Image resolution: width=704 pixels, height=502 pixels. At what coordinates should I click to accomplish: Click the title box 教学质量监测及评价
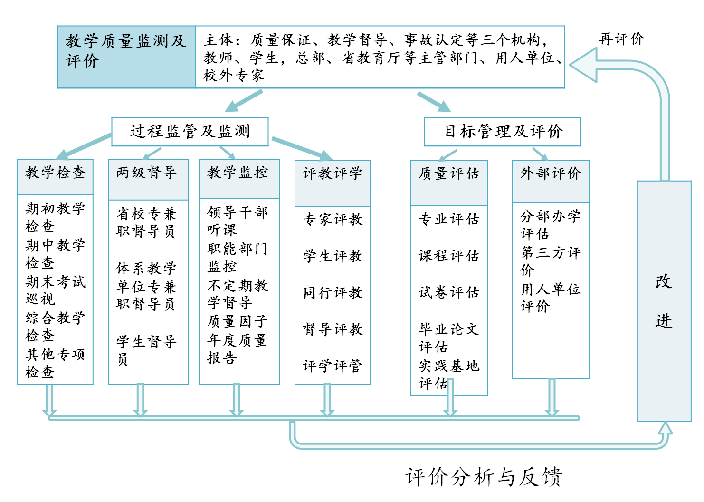(127, 57)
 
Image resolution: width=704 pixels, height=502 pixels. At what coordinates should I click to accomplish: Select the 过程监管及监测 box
(190, 132)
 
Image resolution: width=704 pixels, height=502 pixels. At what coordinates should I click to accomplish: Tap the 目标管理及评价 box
(502, 132)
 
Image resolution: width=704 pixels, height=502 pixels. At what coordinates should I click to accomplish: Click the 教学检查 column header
(55, 177)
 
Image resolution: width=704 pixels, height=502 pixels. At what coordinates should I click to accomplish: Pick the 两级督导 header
(148, 180)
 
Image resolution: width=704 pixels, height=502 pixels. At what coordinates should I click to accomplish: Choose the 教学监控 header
(239, 179)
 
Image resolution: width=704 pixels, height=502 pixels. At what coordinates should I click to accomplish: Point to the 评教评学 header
(333, 183)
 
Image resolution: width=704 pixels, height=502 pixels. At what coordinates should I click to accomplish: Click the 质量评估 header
(449, 183)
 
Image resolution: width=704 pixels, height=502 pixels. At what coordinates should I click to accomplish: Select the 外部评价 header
(551, 182)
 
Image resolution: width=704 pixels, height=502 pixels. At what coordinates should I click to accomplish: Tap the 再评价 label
(621, 39)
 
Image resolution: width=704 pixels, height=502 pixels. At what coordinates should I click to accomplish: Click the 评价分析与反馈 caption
(484, 477)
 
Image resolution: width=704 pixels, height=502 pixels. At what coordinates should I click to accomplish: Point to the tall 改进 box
(664, 301)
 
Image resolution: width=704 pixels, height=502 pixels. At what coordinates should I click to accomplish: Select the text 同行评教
(333, 292)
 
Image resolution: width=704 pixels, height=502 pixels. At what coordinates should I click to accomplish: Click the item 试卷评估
(449, 292)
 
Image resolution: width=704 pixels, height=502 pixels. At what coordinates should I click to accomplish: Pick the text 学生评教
(333, 256)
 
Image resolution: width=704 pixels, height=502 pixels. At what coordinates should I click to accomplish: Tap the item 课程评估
(449, 255)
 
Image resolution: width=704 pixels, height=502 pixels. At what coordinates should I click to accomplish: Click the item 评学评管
(333, 366)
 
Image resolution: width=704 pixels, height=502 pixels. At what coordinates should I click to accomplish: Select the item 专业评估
(449, 219)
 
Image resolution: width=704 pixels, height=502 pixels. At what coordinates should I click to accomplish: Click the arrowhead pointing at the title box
(583, 65)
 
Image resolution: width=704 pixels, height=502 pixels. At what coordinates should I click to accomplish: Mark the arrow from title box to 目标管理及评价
(434, 102)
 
